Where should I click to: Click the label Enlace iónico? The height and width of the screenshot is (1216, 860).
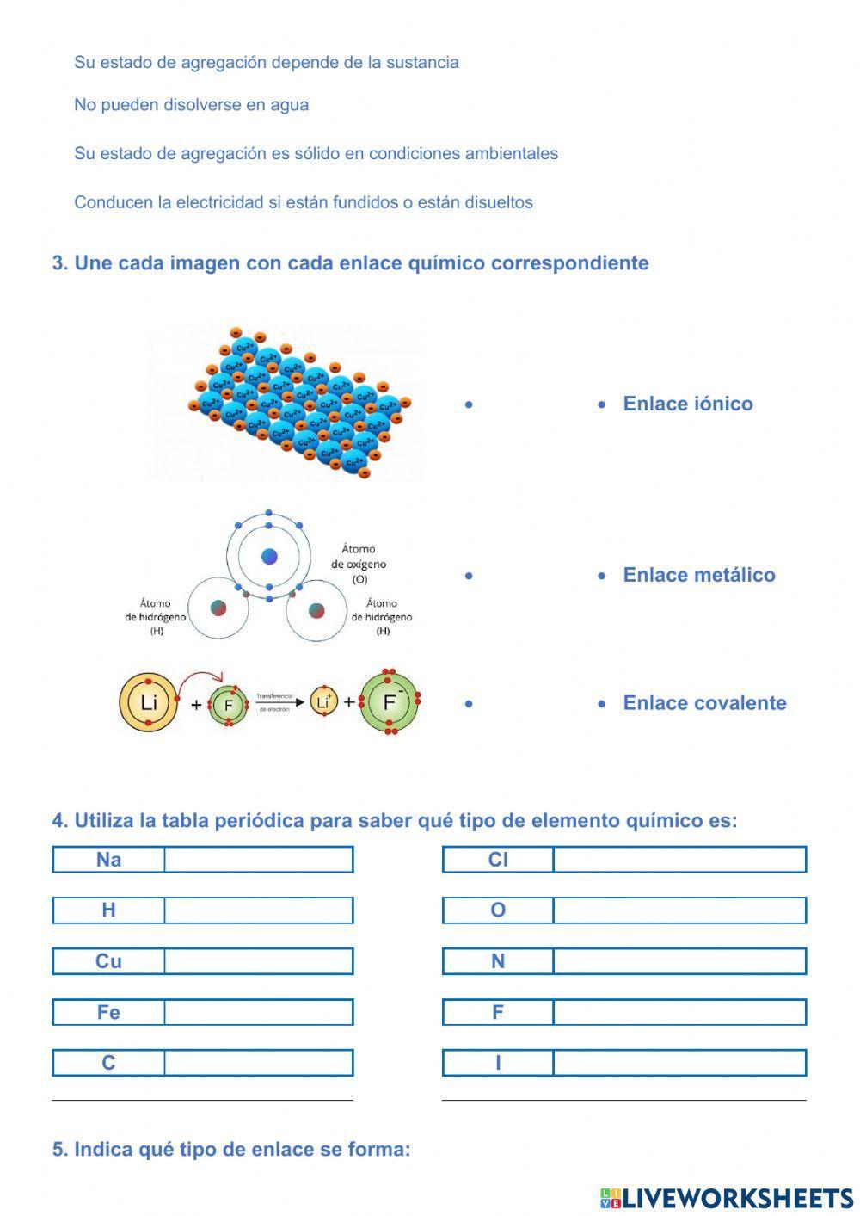687,404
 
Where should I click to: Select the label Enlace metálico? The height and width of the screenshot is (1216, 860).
698,575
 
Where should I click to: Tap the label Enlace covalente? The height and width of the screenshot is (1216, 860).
704,703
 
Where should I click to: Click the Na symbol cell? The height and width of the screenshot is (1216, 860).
108,860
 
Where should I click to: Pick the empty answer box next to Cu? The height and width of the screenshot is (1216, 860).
258,961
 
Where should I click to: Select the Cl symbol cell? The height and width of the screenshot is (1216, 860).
498,860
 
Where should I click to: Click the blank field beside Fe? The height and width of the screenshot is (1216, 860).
258,1012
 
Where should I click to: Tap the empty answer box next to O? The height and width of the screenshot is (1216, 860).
679,910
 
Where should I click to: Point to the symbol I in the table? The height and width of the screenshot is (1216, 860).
498,1063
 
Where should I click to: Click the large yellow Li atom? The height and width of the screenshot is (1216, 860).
149,703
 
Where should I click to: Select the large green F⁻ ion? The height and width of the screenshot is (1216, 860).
390,702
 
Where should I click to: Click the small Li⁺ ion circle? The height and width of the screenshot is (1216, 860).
323,702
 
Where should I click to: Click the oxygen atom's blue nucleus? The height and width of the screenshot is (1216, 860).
269,556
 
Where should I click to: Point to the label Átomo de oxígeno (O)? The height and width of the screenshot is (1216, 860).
359,564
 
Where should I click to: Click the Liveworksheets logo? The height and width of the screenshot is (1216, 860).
726,1198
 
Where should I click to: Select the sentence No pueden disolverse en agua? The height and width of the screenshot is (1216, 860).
191,105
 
